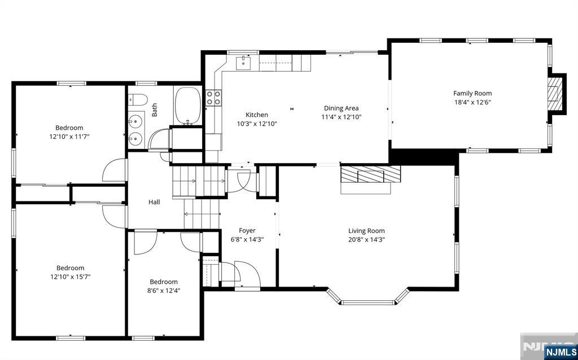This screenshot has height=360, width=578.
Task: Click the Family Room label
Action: (x=472, y=93)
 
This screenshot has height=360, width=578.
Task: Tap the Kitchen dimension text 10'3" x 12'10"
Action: (x=257, y=124)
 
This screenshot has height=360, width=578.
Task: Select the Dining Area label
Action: (x=341, y=108)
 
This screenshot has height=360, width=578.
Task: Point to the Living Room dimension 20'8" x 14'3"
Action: (x=366, y=239)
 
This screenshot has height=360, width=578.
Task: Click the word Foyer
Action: (x=247, y=231)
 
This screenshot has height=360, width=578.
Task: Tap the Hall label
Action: (x=154, y=202)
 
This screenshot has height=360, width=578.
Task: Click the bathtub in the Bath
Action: (x=187, y=106)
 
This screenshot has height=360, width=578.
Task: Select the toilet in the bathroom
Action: (x=138, y=99)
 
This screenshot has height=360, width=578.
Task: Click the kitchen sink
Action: (x=244, y=62)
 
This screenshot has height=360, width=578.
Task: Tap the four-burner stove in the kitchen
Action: (x=213, y=98)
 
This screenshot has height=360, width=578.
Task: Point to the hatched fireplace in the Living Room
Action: (x=370, y=174)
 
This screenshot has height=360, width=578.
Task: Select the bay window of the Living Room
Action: (x=367, y=298)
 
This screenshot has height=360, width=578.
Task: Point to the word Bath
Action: (x=155, y=110)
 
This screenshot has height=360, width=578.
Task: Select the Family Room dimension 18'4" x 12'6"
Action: (x=472, y=102)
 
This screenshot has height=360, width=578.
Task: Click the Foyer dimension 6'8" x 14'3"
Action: (x=247, y=239)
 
